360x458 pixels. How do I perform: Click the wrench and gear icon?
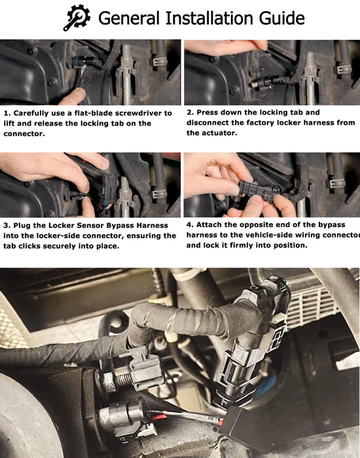tap(77, 18)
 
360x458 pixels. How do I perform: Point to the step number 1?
tap(6, 113)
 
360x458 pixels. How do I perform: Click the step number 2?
tap(189, 113)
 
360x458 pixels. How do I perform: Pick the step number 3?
tap(6, 226)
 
